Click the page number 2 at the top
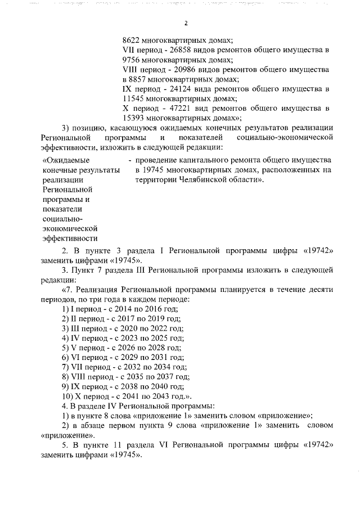point(185,23)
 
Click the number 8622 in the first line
point(132,40)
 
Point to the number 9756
point(132,60)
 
